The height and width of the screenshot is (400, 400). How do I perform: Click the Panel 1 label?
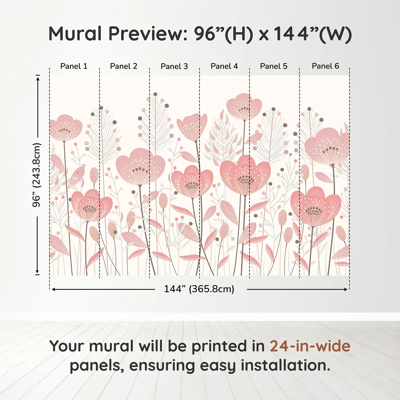(x=74, y=66)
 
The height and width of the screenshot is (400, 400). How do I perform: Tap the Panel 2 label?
(x=124, y=66)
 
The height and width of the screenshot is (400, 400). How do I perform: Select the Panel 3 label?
(x=174, y=66)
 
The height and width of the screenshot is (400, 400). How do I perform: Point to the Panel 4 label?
(x=224, y=66)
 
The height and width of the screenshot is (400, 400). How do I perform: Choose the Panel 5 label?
(x=274, y=66)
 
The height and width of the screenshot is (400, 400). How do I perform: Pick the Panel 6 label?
(x=325, y=66)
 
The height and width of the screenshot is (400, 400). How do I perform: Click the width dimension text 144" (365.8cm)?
(x=199, y=289)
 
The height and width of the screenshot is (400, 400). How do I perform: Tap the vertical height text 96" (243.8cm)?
(x=37, y=175)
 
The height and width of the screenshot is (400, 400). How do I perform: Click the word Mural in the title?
(x=75, y=34)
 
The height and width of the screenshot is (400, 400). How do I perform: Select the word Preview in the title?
(x=147, y=34)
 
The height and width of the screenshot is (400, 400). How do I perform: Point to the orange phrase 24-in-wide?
(x=310, y=346)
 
